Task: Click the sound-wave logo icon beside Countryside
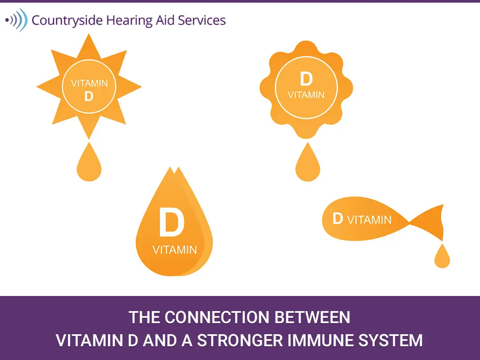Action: [16, 20]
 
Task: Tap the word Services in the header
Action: [205, 20]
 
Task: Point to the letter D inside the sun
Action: [89, 96]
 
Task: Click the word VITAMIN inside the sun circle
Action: [89, 84]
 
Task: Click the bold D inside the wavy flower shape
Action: [306, 79]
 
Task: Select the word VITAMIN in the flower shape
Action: [306, 95]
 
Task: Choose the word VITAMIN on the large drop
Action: [174, 250]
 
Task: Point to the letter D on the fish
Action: [338, 219]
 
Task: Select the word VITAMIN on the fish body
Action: [369, 220]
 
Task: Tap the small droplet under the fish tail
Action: [442, 257]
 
